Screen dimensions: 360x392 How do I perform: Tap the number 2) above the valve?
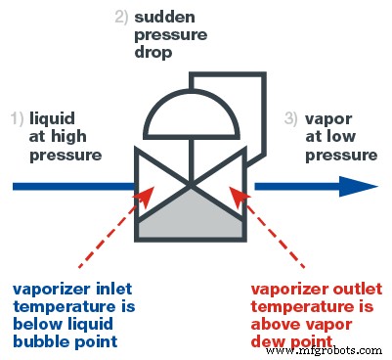(x=120, y=16)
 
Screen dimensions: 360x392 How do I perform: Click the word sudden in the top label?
(x=164, y=16)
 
